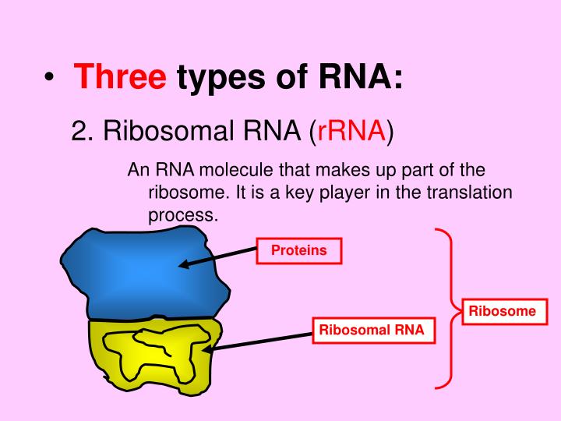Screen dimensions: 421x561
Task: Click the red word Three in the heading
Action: [122, 78]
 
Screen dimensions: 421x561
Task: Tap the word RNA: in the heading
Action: [360, 78]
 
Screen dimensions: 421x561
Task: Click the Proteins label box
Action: [298, 250]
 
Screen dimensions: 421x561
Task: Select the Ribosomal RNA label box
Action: [372, 330]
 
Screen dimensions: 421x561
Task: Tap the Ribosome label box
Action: [502, 311]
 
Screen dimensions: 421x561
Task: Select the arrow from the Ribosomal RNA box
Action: [261, 341]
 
